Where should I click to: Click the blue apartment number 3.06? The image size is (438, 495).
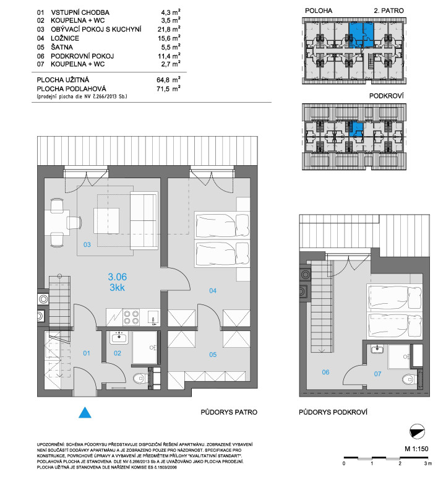(118, 277)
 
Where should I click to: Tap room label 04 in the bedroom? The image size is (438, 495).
(213, 291)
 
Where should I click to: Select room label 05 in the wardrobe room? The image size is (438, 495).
(213, 355)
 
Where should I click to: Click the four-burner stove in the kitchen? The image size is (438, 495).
(131, 317)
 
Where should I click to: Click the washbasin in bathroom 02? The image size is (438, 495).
(119, 337)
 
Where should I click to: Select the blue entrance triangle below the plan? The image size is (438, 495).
(85, 413)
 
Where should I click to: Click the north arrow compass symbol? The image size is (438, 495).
(417, 431)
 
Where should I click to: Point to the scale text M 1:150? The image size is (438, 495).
(416, 449)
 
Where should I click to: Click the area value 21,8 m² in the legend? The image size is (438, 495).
(169, 29)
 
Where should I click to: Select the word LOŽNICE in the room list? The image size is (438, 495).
(65, 38)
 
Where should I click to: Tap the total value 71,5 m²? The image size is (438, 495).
(168, 88)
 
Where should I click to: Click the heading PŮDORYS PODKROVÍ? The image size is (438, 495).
(333, 412)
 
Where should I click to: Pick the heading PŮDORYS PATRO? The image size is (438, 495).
(229, 412)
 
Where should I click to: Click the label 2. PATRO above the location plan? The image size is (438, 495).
(389, 11)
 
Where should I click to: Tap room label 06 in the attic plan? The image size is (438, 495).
(325, 372)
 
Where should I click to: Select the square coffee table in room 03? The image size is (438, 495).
(106, 221)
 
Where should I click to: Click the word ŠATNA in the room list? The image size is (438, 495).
(62, 47)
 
